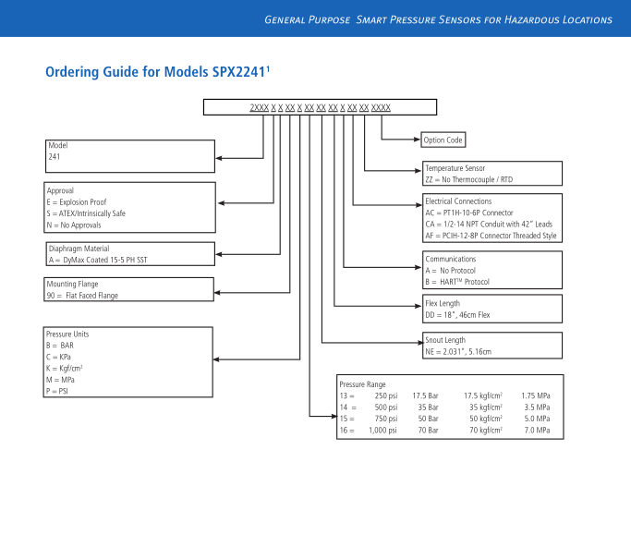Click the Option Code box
pos(443,140)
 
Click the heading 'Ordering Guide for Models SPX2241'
pos(157,72)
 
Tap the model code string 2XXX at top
pos(259,108)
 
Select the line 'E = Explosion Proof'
pos(77,201)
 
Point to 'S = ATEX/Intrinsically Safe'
pos(86,213)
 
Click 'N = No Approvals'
pos(74,225)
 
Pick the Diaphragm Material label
pos(79,249)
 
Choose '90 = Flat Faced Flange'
pos(84,296)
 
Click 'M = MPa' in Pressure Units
pos(62,380)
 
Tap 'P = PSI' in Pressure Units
pos(58,391)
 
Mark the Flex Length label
pos(443,304)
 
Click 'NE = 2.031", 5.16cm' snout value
pos(458,351)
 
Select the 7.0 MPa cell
pos(537,431)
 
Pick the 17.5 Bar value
pos(425,395)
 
